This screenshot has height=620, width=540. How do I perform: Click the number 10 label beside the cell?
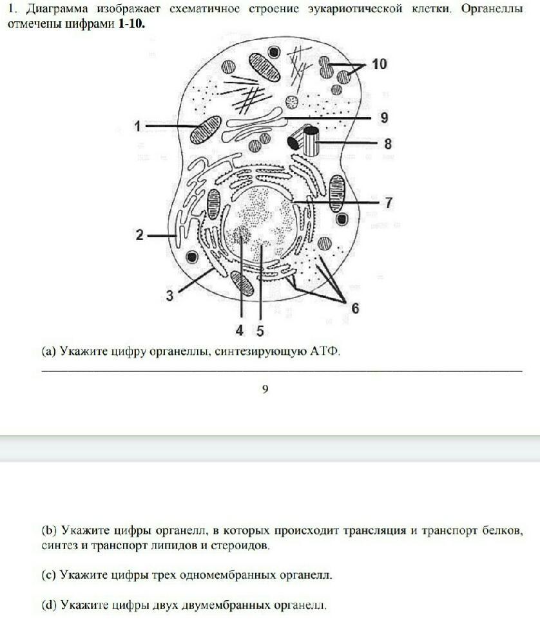(379, 64)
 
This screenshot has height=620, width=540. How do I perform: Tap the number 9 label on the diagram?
(383, 118)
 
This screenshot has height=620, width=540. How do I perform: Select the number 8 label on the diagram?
(387, 144)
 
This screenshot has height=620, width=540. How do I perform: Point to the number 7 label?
(389, 202)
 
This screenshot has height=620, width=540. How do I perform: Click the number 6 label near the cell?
(355, 308)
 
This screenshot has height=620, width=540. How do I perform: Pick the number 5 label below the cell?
(260, 331)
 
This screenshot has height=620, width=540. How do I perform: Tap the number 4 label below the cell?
(240, 331)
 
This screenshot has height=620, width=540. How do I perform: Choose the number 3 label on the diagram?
(169, 296)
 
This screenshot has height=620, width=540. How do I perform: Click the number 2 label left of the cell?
(139, 235)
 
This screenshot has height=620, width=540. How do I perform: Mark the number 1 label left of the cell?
(137, 126)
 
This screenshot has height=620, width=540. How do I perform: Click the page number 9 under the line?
(265, 388)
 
